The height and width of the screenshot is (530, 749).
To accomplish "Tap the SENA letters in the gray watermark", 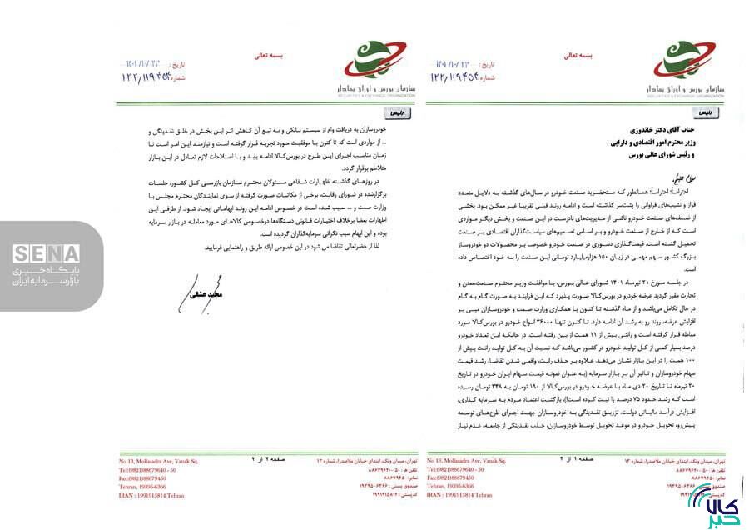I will pos(47,253).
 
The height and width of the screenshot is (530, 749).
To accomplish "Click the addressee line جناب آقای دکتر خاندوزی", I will pos(672,130).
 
